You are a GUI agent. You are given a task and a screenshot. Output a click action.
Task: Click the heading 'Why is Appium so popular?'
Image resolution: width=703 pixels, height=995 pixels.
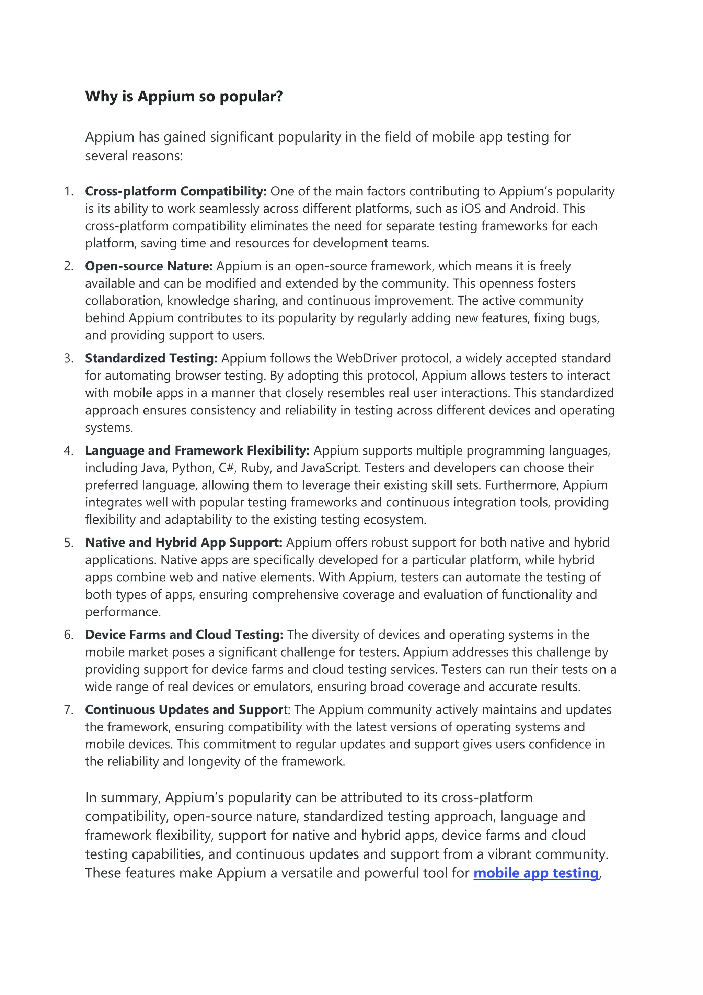point(184,96)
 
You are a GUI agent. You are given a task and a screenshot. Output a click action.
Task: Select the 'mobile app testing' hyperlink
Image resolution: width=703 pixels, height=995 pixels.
point(536,873)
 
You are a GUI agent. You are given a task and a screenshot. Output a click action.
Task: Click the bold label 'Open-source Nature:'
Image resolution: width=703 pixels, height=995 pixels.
point(149,266)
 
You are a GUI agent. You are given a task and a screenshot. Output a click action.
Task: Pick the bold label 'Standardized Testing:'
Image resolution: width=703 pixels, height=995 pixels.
point(151,358)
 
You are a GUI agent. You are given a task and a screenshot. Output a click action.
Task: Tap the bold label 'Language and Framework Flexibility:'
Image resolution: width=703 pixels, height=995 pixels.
point(197,451)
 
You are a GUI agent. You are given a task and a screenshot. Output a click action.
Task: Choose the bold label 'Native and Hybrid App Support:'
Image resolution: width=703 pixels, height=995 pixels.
point(184,543)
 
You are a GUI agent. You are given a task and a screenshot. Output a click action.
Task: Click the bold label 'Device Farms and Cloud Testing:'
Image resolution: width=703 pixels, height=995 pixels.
point(184,635)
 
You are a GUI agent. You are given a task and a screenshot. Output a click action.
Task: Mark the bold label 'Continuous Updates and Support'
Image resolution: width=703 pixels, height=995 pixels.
point(184,710)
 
